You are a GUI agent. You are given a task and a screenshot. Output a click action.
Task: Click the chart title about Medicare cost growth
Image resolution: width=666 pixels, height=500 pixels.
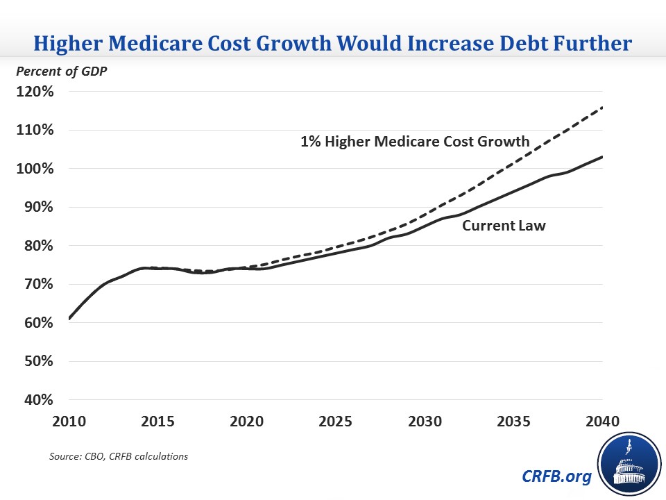333,43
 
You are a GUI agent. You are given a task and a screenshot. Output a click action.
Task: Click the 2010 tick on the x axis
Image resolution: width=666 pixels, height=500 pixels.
69,422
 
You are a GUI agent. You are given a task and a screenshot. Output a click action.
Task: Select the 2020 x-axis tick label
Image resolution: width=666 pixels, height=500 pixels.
247,422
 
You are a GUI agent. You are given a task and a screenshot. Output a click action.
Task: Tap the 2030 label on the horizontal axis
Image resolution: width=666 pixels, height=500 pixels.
425,422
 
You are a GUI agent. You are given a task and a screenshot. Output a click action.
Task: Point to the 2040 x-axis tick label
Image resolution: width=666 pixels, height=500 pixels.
601,422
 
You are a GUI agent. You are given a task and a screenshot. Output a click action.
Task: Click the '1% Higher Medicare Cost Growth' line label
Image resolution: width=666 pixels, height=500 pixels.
415,142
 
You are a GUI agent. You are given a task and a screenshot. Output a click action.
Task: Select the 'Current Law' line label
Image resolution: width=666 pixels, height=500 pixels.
504,226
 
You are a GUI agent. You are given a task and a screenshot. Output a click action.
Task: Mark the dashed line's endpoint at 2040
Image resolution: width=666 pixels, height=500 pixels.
602,107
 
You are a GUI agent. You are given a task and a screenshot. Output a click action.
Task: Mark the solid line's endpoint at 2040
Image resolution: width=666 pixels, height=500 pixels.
602,157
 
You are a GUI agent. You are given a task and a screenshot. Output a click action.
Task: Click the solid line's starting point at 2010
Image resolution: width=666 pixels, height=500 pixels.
70,319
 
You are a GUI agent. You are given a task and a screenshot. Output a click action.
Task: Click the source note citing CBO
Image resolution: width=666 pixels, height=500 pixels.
118,456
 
